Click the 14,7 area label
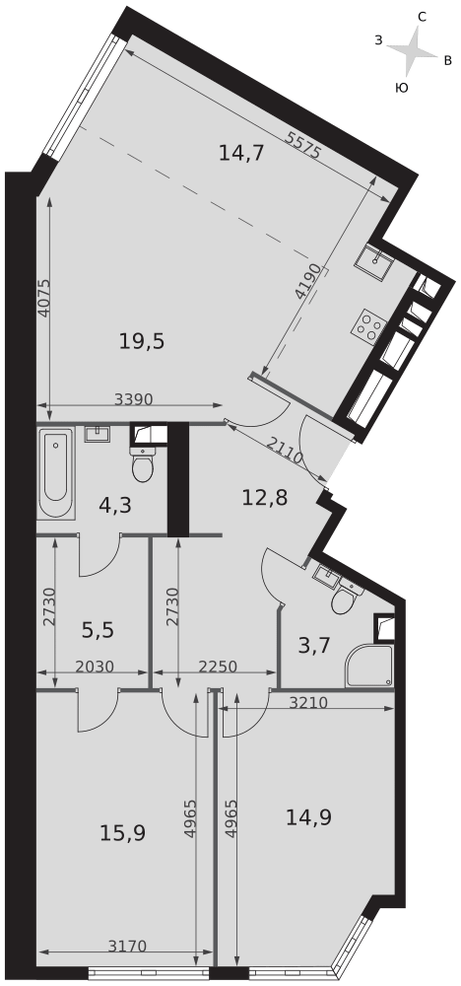click(240, 152)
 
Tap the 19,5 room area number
click(142, 341)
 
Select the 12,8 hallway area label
click(265, 498)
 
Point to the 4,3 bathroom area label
click(115, 505)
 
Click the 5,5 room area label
click(99, 629)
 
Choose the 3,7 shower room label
click(314, 645)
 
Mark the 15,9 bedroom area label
click(123, 833)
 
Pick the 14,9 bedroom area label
click(308, 816)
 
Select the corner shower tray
click(369, 666)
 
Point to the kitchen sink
click(375, 258)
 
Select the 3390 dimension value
click(134, 398)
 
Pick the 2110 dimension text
click(285, 451)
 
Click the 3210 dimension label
click(308, 702)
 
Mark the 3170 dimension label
click(128, 946)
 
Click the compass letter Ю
click(402, 88)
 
